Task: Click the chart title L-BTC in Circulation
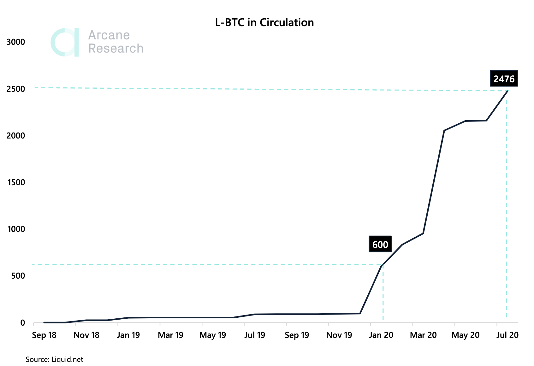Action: click(x=264, y=23)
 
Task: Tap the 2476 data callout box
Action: click(x=504, y=79)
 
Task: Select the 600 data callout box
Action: click(x=380, y=245)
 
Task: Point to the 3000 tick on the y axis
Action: click(x=16, y=42)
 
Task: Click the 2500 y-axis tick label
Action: click(x=16, y=89)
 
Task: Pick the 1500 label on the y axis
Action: click(x=16, y=182)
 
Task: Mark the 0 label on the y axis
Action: click(x=22, y=323)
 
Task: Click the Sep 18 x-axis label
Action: click(x=44, y=335)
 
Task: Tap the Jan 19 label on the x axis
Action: click(x=128, y=335)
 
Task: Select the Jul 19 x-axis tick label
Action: click(x=255, y=335)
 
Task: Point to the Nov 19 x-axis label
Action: click(x=339, y=335)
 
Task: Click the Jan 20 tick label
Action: click(x=381, y=335)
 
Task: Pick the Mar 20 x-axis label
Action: click(x=423, y=335)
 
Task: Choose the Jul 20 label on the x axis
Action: click(x=507, y=335)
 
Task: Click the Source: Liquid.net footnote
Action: click(x=54, y=359)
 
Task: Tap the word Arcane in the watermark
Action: click(x=109, y=35)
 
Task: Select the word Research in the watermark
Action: click(x=116, y=49)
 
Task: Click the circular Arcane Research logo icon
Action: click(x=65, y=42)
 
